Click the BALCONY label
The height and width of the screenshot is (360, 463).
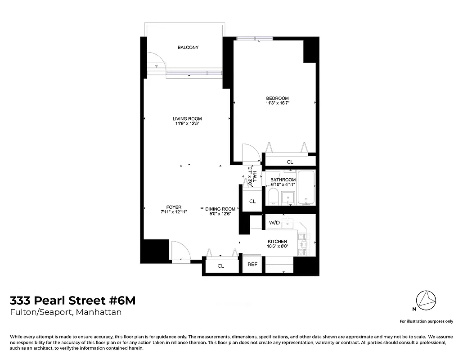(x=188, y=48)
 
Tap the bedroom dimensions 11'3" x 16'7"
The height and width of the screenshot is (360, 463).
(x=277, y=103)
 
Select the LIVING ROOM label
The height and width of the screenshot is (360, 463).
(x=187, y=119)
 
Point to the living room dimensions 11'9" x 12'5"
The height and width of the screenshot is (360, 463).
(x=187, y=124)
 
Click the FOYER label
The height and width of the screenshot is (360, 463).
(x=174, y=207)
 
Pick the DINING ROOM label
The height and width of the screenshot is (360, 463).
(x=220, y=209)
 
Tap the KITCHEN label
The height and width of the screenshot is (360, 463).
(x=277, y=242)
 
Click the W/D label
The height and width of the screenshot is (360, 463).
(x=274, y=223)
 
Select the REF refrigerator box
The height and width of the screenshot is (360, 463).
(x=252, y=264)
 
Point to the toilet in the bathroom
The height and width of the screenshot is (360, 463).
(x=273, y=197)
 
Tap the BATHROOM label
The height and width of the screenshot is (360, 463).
(x=283, y=180)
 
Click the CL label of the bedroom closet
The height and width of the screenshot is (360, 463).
(x=290, y=162)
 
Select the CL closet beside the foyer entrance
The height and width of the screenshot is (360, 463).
(x=220, y=266)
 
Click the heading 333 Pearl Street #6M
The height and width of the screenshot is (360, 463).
(x=72, y=301)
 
